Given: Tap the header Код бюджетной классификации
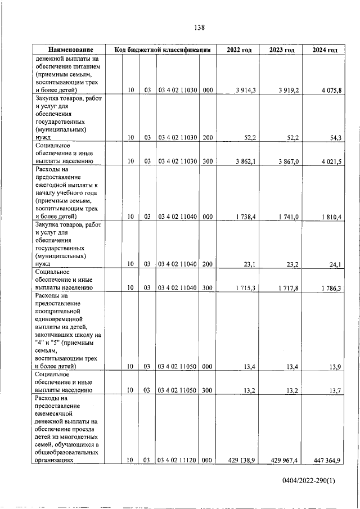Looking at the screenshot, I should pos(162,50).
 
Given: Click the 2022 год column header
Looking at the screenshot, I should pos(239,50).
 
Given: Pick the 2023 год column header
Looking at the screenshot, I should pos(281,50).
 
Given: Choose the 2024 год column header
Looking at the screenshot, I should pos(325,50).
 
